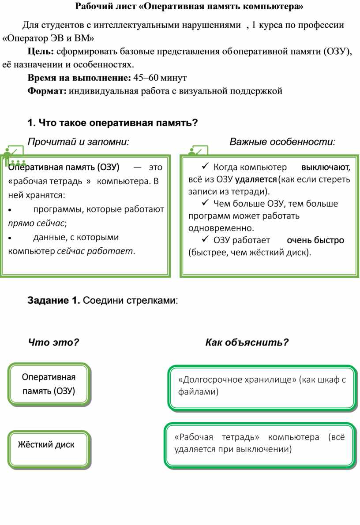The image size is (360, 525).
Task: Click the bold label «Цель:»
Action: coord(41,52)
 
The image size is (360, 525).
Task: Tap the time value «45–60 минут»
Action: coord(160,78)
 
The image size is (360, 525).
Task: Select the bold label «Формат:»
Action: coord(47,91)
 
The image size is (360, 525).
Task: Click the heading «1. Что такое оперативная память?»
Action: coord(112,123)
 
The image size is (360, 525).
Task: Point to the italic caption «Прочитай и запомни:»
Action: coord(79,142)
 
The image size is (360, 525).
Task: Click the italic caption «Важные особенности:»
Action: coord(282,142)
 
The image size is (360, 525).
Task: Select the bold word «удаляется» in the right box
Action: coord(256,179)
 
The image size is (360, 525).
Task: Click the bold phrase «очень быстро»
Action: coord(315,240)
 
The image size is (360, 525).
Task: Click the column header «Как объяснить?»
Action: coord(247,342)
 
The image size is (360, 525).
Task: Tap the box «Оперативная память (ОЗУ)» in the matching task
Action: coord(49,384)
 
